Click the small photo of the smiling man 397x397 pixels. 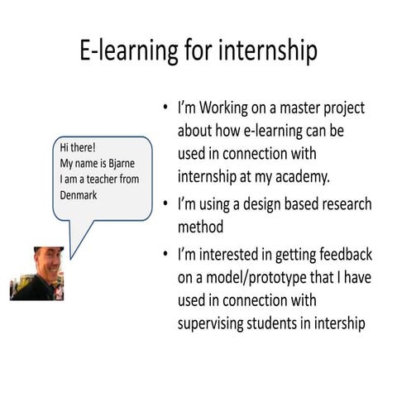click(37, 273)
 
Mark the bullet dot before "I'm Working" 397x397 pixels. click(165, 110)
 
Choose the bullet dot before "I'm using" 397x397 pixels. click(165, 205)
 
